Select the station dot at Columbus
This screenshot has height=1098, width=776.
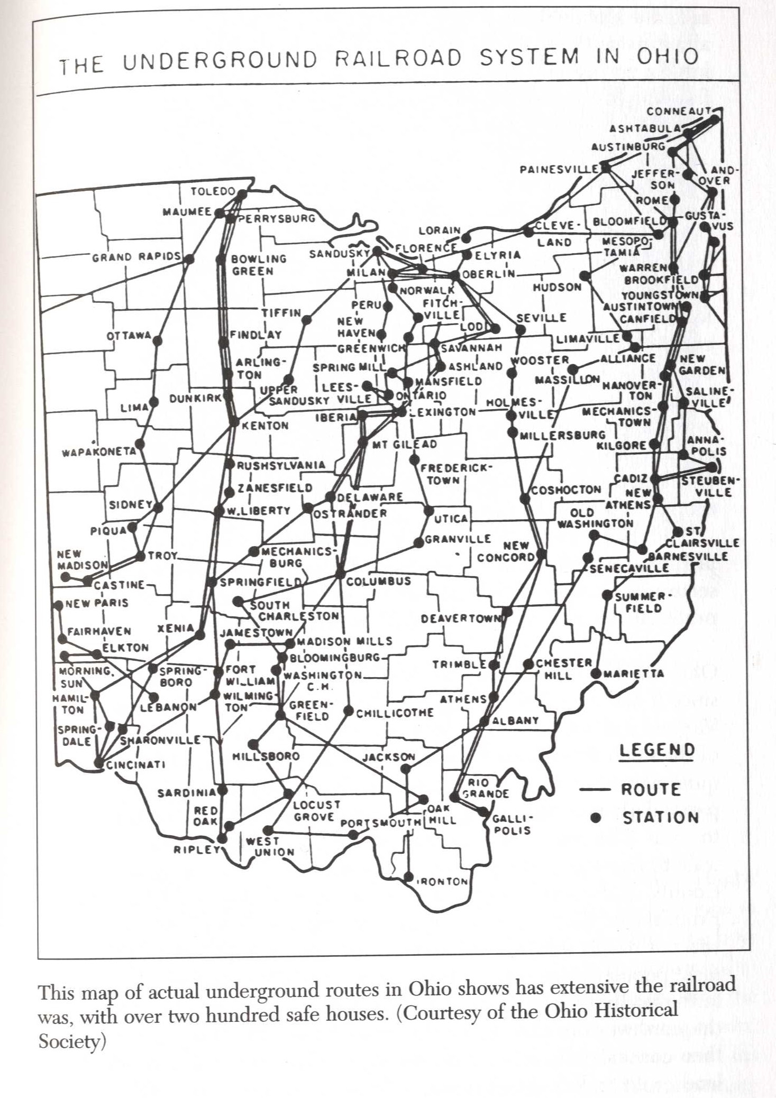(340, 574)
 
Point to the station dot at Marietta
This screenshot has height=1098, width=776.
(596, 674)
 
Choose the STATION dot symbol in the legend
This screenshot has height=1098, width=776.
(597, 817)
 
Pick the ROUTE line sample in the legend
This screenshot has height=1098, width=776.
(596, 790)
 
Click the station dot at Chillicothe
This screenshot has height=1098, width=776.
(349, 710)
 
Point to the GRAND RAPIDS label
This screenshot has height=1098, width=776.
(136, 257)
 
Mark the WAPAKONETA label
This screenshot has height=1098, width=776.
(99, 452)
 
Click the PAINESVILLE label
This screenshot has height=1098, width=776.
(559, 170)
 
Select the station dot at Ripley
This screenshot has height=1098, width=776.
(222, 838)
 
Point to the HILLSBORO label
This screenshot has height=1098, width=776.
(266, 756)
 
